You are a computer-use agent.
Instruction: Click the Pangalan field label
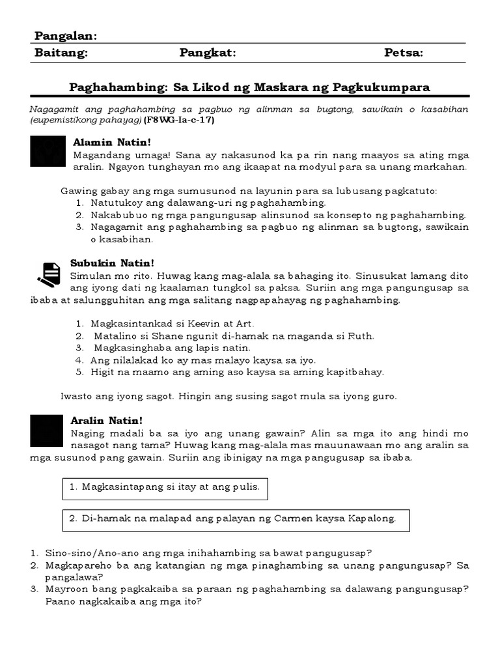pyautogui.click(x=65, y=35)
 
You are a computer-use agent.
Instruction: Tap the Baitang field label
pyautogui.click(x=61, y=53)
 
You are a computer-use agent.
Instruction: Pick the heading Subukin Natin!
pyautogui.click(x=112, y=263)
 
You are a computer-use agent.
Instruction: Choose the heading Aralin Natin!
pyautogui.click(x=106, y=421)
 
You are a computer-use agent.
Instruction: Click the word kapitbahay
pyautogui.click(x=355, y=372)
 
